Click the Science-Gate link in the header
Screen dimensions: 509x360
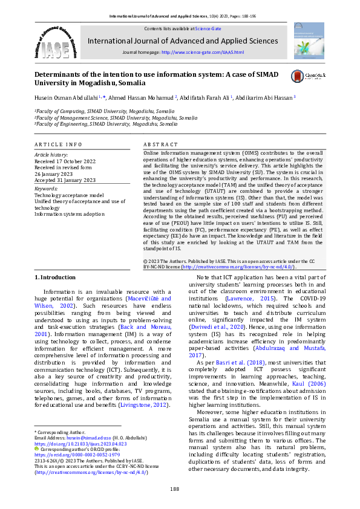(x=206, y=28)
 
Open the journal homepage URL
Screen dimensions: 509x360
(x=203, y=53)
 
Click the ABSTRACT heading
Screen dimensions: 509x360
(x=160, y=145)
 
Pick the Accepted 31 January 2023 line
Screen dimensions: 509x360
(x=65, y=180)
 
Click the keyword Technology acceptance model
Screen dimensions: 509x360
(x=68, y=195)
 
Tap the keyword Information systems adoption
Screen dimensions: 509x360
(x=70, y=213)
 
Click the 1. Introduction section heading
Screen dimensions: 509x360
(x=55, y=277)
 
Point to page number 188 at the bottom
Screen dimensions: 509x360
(x=174, y=488)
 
